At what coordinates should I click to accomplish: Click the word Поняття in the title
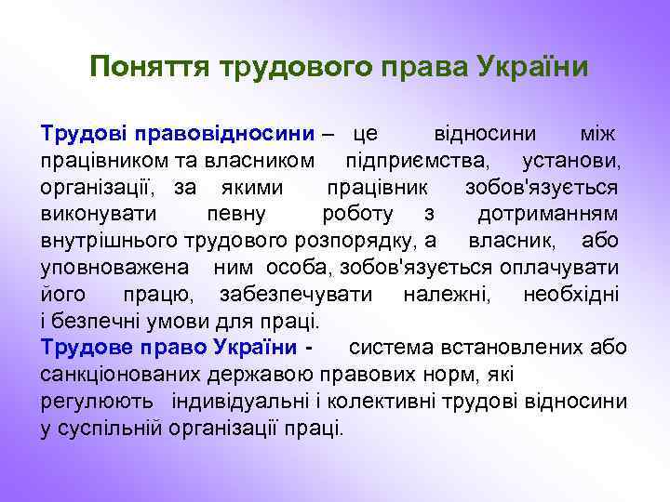tap(152, 68)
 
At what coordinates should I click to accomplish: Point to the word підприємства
tap(414, 161)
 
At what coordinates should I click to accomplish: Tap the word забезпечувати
tap(298, 295)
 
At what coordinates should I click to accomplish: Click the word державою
tap(271, 375)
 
